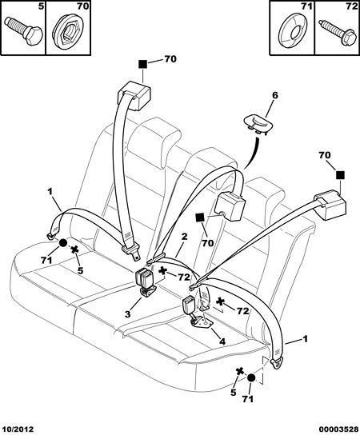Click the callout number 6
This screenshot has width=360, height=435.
(274, 95)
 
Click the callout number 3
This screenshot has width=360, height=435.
(127, 314)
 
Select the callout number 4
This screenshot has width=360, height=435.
(222, 341)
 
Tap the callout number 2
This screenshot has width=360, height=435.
(185, 237)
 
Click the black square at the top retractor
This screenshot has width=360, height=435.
(143, 64)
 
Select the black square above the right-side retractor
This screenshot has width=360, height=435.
(340, 175)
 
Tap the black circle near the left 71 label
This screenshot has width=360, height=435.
(63, 243)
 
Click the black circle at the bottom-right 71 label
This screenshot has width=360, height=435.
(251, 378)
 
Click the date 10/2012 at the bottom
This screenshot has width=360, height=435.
(18, 429)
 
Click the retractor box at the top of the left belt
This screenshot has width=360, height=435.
(134, 95)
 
